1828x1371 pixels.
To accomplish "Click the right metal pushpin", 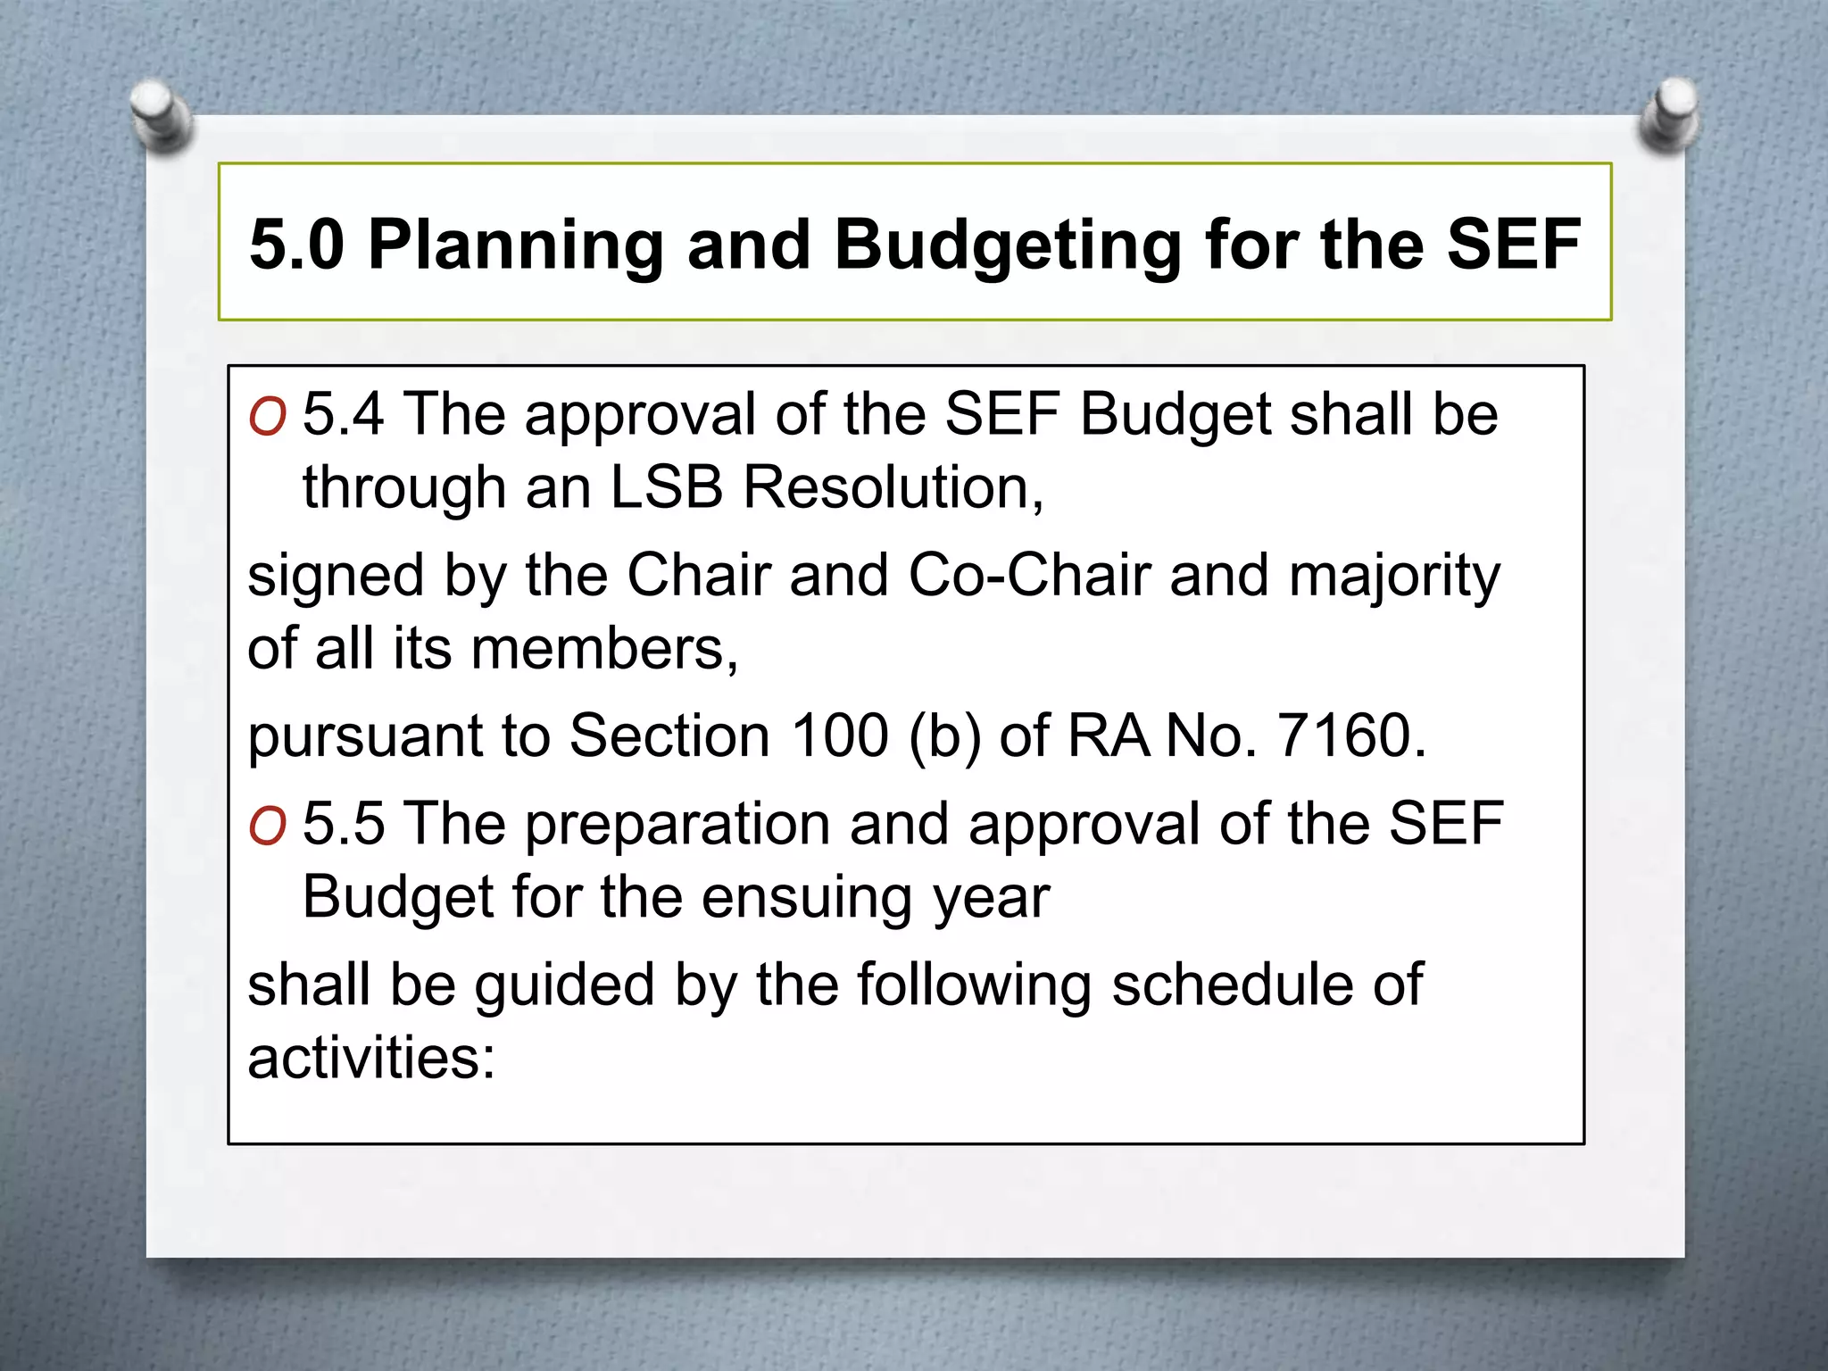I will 1670,115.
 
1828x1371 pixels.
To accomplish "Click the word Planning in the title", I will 516,245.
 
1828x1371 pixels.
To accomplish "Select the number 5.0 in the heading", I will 297,245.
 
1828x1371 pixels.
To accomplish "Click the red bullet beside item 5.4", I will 268,417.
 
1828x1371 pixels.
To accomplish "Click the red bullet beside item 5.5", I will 268,827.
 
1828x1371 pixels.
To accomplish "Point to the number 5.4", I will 344,414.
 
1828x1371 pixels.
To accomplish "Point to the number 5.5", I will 344,823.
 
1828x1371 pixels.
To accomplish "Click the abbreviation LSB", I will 666,488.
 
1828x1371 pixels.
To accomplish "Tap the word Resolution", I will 893,488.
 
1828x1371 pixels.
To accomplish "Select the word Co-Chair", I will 1029,575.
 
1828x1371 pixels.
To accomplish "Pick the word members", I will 604,649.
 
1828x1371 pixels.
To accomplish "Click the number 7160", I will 1350,735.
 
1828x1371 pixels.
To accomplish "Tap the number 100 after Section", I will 840,735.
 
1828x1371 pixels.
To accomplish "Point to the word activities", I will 370,1058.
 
